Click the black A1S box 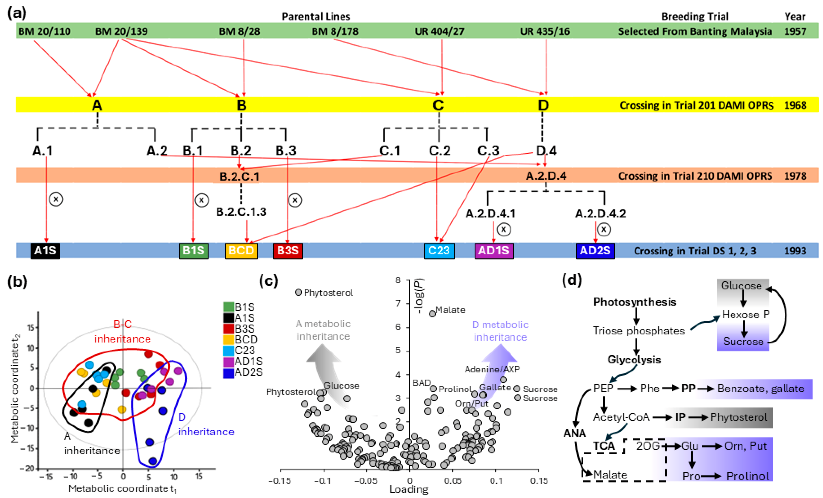[x=45, y=250]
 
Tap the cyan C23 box [x=439, y=250]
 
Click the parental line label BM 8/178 [x=335, y=31]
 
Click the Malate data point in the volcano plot [x=432, y=314]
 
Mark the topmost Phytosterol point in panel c [x=298, y=292]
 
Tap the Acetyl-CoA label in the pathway [x=621, y=417]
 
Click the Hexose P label [x=745, y=314]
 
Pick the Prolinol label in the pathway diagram [x=747, y=476]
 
